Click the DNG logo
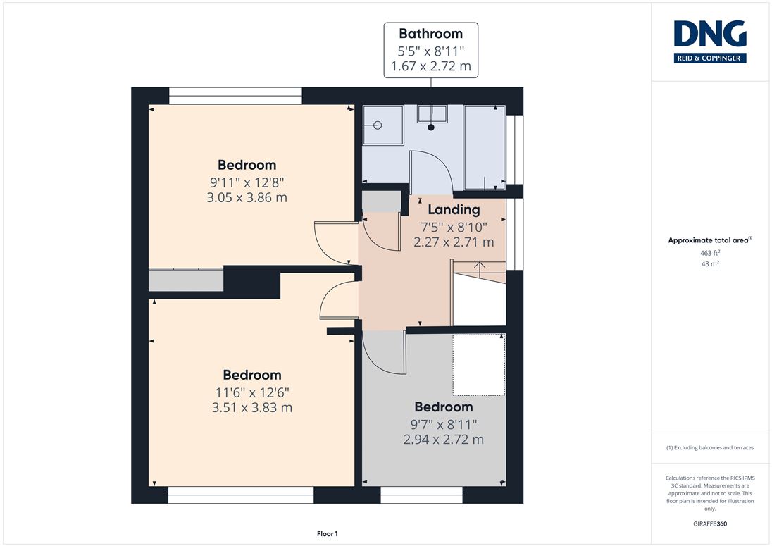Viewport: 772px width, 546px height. [x=710, y=42]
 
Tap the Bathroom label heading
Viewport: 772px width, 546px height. [x=431, y=34]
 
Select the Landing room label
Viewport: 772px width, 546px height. [x=454, y=210]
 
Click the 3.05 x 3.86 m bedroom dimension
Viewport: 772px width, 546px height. [x=247, y=197]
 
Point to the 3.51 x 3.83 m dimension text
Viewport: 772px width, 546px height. [x=252, y=408]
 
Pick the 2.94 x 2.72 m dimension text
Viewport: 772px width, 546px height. [x=444, y=439]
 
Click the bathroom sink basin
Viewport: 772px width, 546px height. [x=432, y=114]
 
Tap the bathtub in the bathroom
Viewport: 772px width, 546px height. [x=485, y=147]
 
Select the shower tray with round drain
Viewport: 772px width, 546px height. [x=383, y=125]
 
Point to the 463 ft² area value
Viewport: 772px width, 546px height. [x=710, y=253]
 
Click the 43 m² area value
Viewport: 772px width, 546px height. [x=710, y=264]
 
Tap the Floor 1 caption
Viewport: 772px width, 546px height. [x=328, y=534]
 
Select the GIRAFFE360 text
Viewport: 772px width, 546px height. [x=710, y=523]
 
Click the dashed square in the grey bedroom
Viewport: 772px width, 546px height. [x=479, y=365]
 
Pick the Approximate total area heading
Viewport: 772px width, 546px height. [x=710, y=240]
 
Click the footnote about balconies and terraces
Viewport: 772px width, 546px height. [x=710, y=447]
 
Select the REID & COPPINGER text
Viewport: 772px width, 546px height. [x=709, y=58]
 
